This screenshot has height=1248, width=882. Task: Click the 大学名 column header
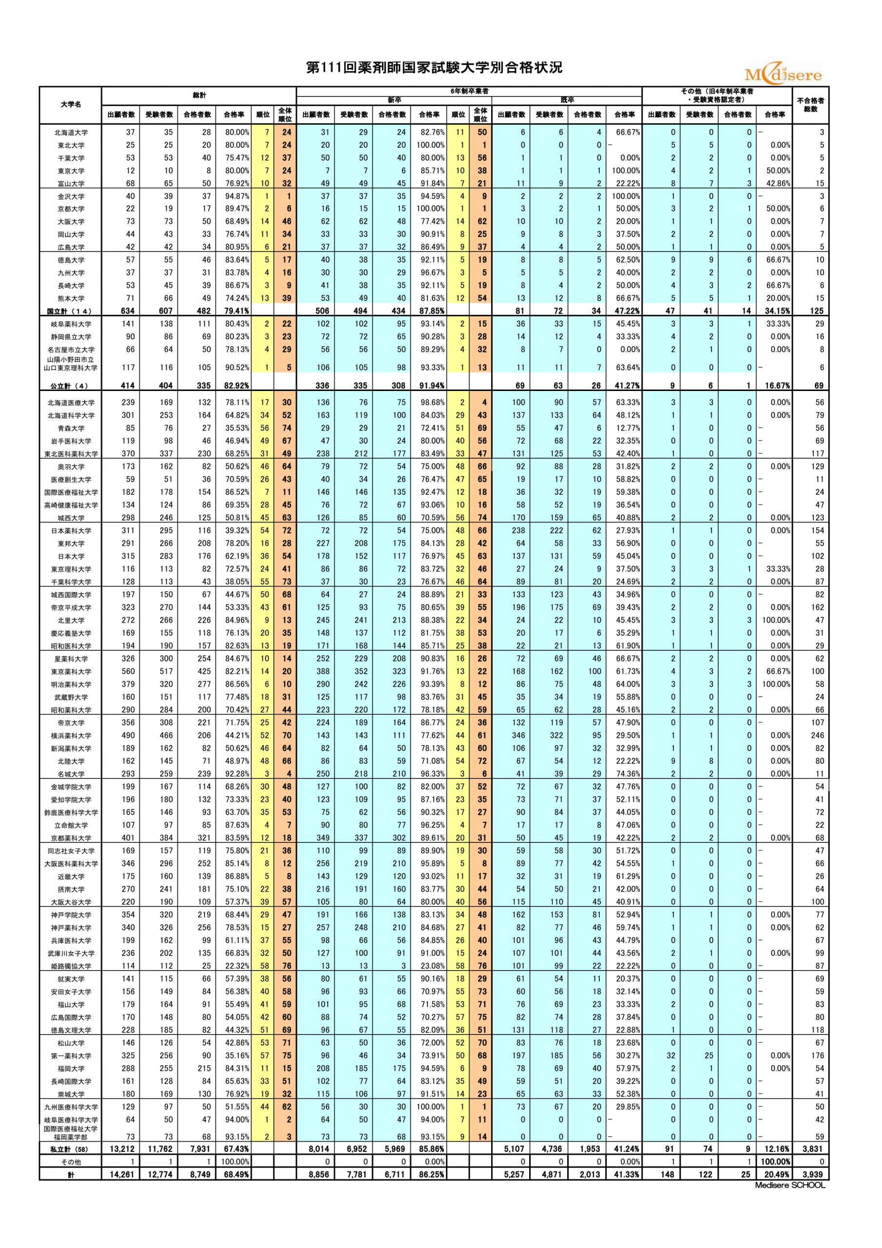point(71,104)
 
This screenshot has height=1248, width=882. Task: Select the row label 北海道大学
point(71,133)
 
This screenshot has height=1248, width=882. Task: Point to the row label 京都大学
point(71,209)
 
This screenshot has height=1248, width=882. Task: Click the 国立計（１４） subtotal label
point(70,312)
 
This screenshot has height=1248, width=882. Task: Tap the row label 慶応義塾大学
point(71,633)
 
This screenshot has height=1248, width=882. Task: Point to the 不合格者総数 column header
point(810,105)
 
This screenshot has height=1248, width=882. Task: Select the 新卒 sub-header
point(394,100)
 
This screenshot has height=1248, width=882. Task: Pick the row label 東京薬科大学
point(71,672)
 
